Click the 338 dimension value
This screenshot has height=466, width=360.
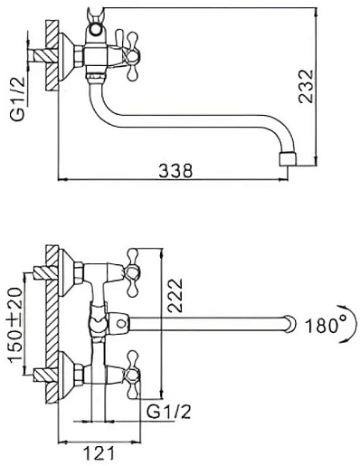175,171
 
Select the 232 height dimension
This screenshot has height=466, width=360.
306,87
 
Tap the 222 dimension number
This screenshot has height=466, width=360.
175,295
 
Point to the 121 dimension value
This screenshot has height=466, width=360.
99,452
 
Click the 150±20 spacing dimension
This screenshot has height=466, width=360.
15,325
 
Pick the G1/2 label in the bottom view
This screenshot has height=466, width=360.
169,411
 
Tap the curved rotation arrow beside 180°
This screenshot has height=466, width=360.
349,324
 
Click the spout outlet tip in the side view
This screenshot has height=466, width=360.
288,159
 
